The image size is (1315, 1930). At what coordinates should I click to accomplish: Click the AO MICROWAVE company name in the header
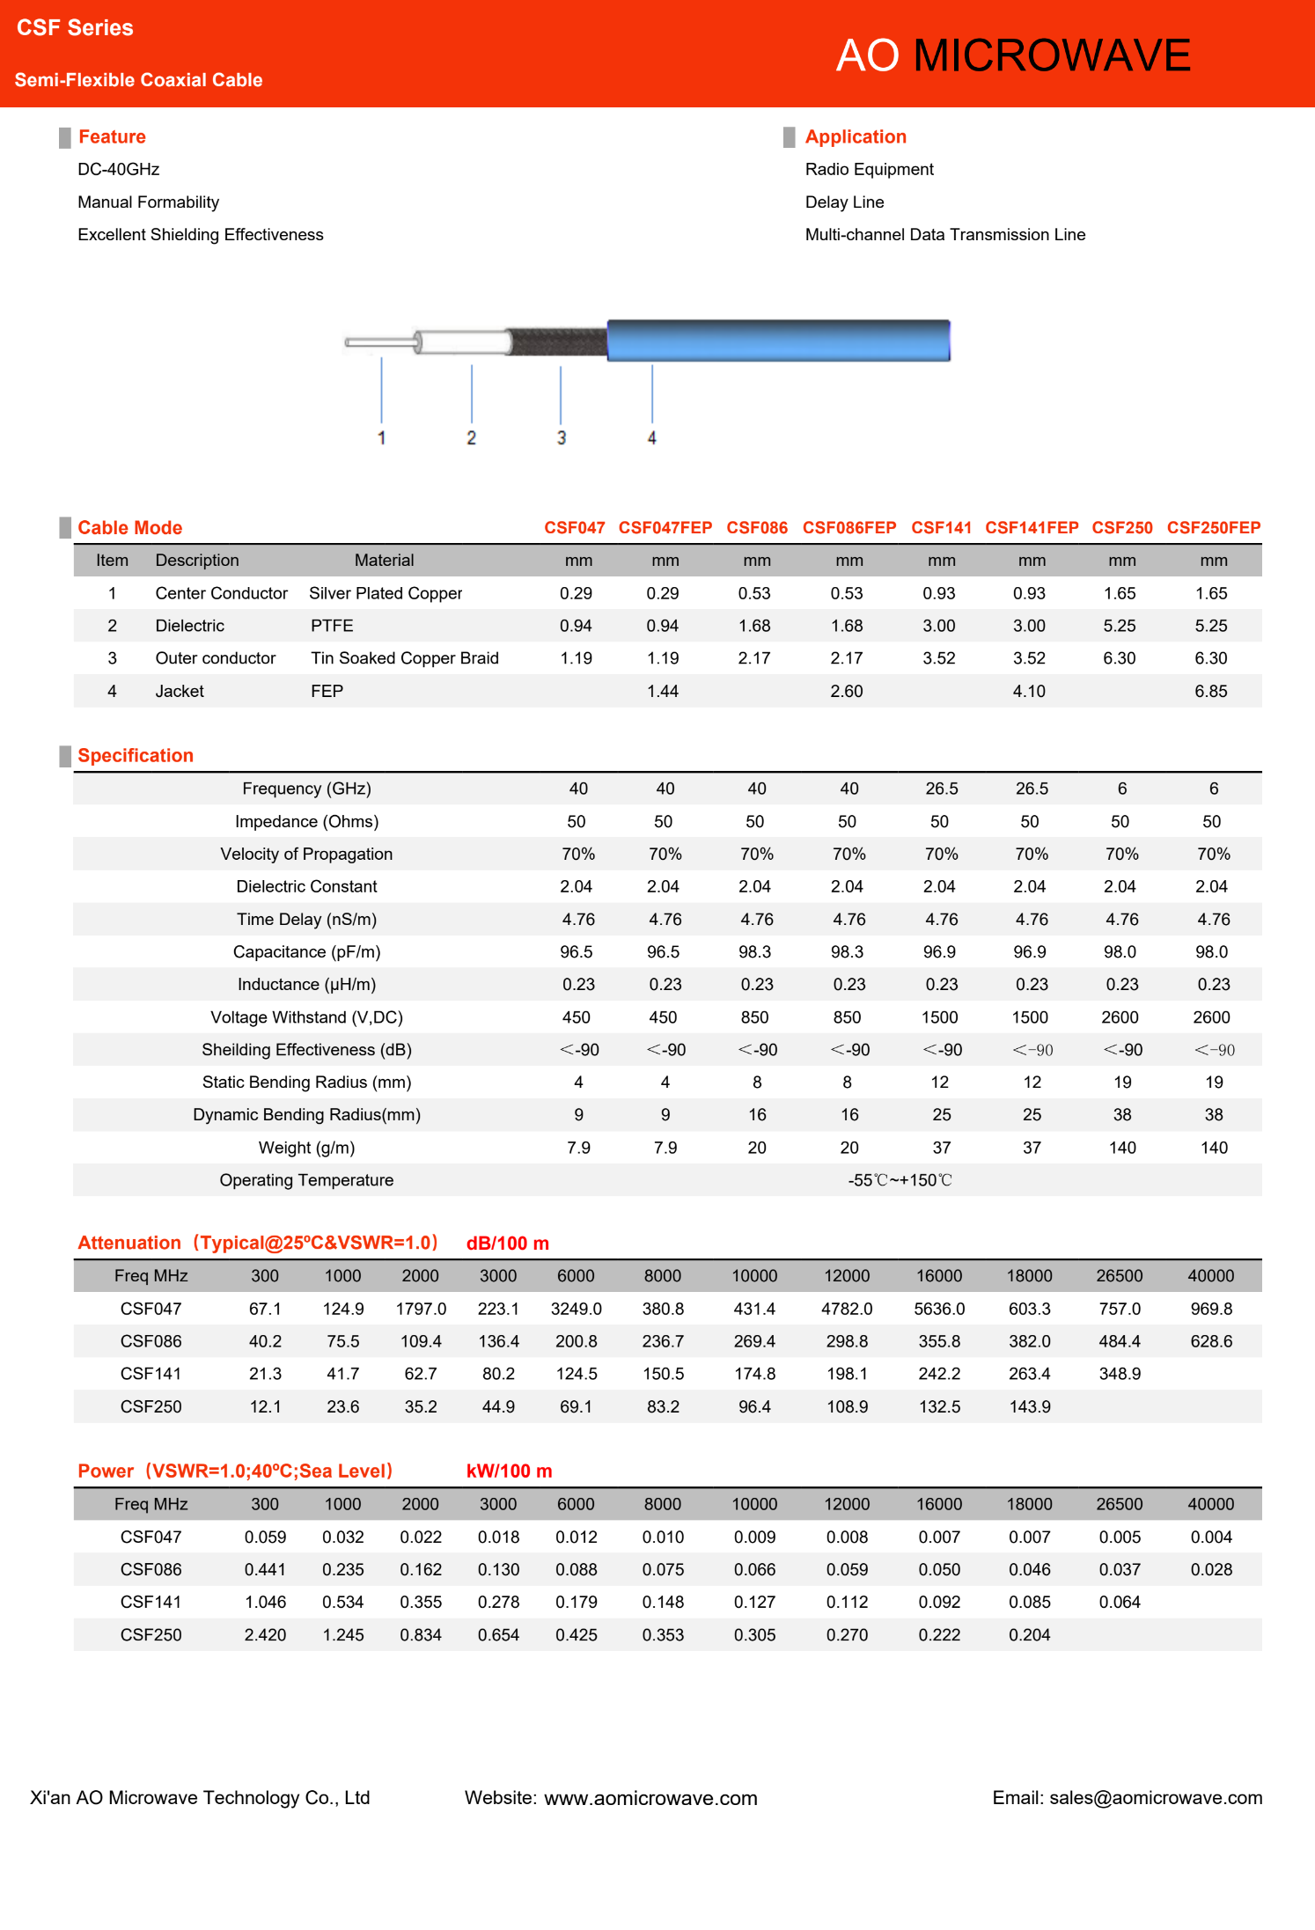(x=1012, y=55)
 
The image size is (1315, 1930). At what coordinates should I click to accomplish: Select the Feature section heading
(x=112, y=136)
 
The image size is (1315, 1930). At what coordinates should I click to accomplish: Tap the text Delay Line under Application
(x=844, y=202)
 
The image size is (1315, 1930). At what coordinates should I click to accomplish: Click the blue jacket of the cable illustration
(x=778, y=341)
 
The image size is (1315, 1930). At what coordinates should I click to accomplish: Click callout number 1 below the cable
(x=381, y=437)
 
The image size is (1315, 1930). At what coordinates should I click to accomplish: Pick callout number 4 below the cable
(x=651, y=437)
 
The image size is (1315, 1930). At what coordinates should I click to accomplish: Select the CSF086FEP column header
(x=849, y=527)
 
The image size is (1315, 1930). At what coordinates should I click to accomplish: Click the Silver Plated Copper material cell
(x=386, y=593)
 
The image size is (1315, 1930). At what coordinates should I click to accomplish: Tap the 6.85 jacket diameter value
(x=1210, y=691)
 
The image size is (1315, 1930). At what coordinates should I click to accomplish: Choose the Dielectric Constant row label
(x=306, y=886)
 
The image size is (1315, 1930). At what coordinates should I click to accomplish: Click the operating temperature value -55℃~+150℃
(x=900, y=1180)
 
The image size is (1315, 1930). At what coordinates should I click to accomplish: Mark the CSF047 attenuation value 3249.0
(x=576, y=1309)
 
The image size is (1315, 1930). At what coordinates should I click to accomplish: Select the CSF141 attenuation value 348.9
(x=1119, y=1374)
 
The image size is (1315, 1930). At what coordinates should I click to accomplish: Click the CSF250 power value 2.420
(x=265, y=1634)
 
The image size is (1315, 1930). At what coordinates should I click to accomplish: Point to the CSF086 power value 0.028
(x=1210, y=1569)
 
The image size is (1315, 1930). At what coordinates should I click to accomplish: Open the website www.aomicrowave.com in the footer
(x=650, y=1798)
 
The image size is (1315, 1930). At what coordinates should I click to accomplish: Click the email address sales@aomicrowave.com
(x=1155, y=1798)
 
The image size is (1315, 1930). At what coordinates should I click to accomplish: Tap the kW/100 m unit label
(x=509, y=1471)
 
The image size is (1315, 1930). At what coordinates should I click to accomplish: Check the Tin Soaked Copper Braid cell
(x=404, y=658)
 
